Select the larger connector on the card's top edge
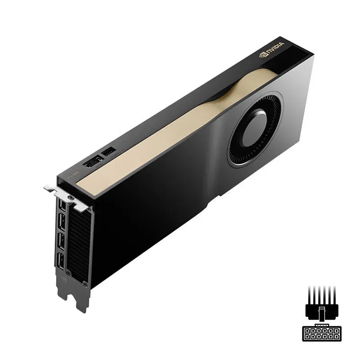tap(93, 162)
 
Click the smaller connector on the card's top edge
tap(109, 152)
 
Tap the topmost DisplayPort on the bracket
tap(61, 207)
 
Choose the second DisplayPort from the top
tap(61, 225)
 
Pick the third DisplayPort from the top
tap(61, 243)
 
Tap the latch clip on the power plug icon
tap(321, 310)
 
